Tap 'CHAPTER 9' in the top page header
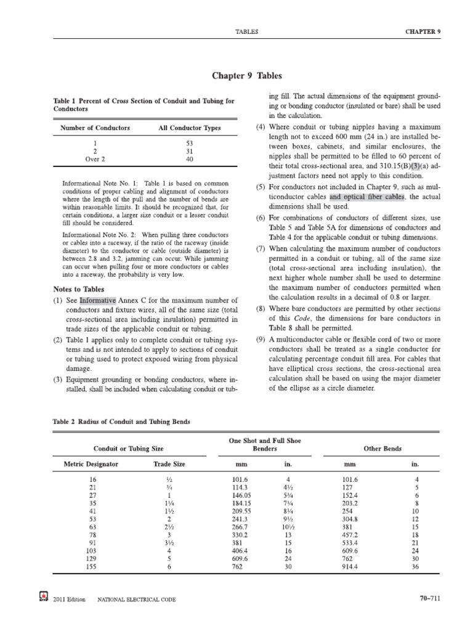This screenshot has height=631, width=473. click(x=423, y=30)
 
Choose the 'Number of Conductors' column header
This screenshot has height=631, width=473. click(x=95, y=128)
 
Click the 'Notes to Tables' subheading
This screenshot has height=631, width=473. click(x=81, y=290)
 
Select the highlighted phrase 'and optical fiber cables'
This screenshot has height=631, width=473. click(x=366, y=197)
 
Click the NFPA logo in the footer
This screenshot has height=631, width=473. click(x=44, y=598)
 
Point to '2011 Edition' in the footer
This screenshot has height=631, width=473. click(x=70, y=599)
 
